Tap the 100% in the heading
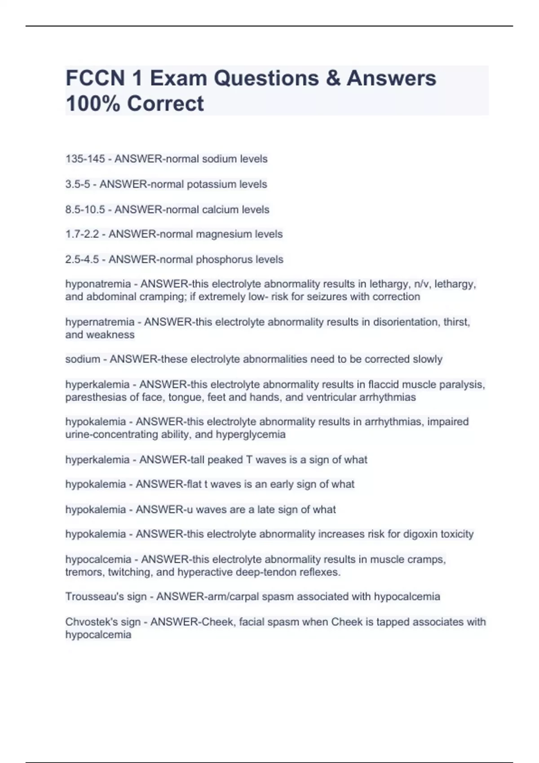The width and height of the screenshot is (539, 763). [93, 103]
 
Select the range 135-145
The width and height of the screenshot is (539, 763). [85, 159]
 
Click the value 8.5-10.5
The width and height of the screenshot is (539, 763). [85, 210]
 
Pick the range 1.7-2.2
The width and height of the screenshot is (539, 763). [82, 234]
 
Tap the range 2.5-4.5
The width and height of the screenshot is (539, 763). [82, 259]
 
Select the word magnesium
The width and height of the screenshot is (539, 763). [224, 234]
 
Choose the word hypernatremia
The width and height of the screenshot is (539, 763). [100, 322]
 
